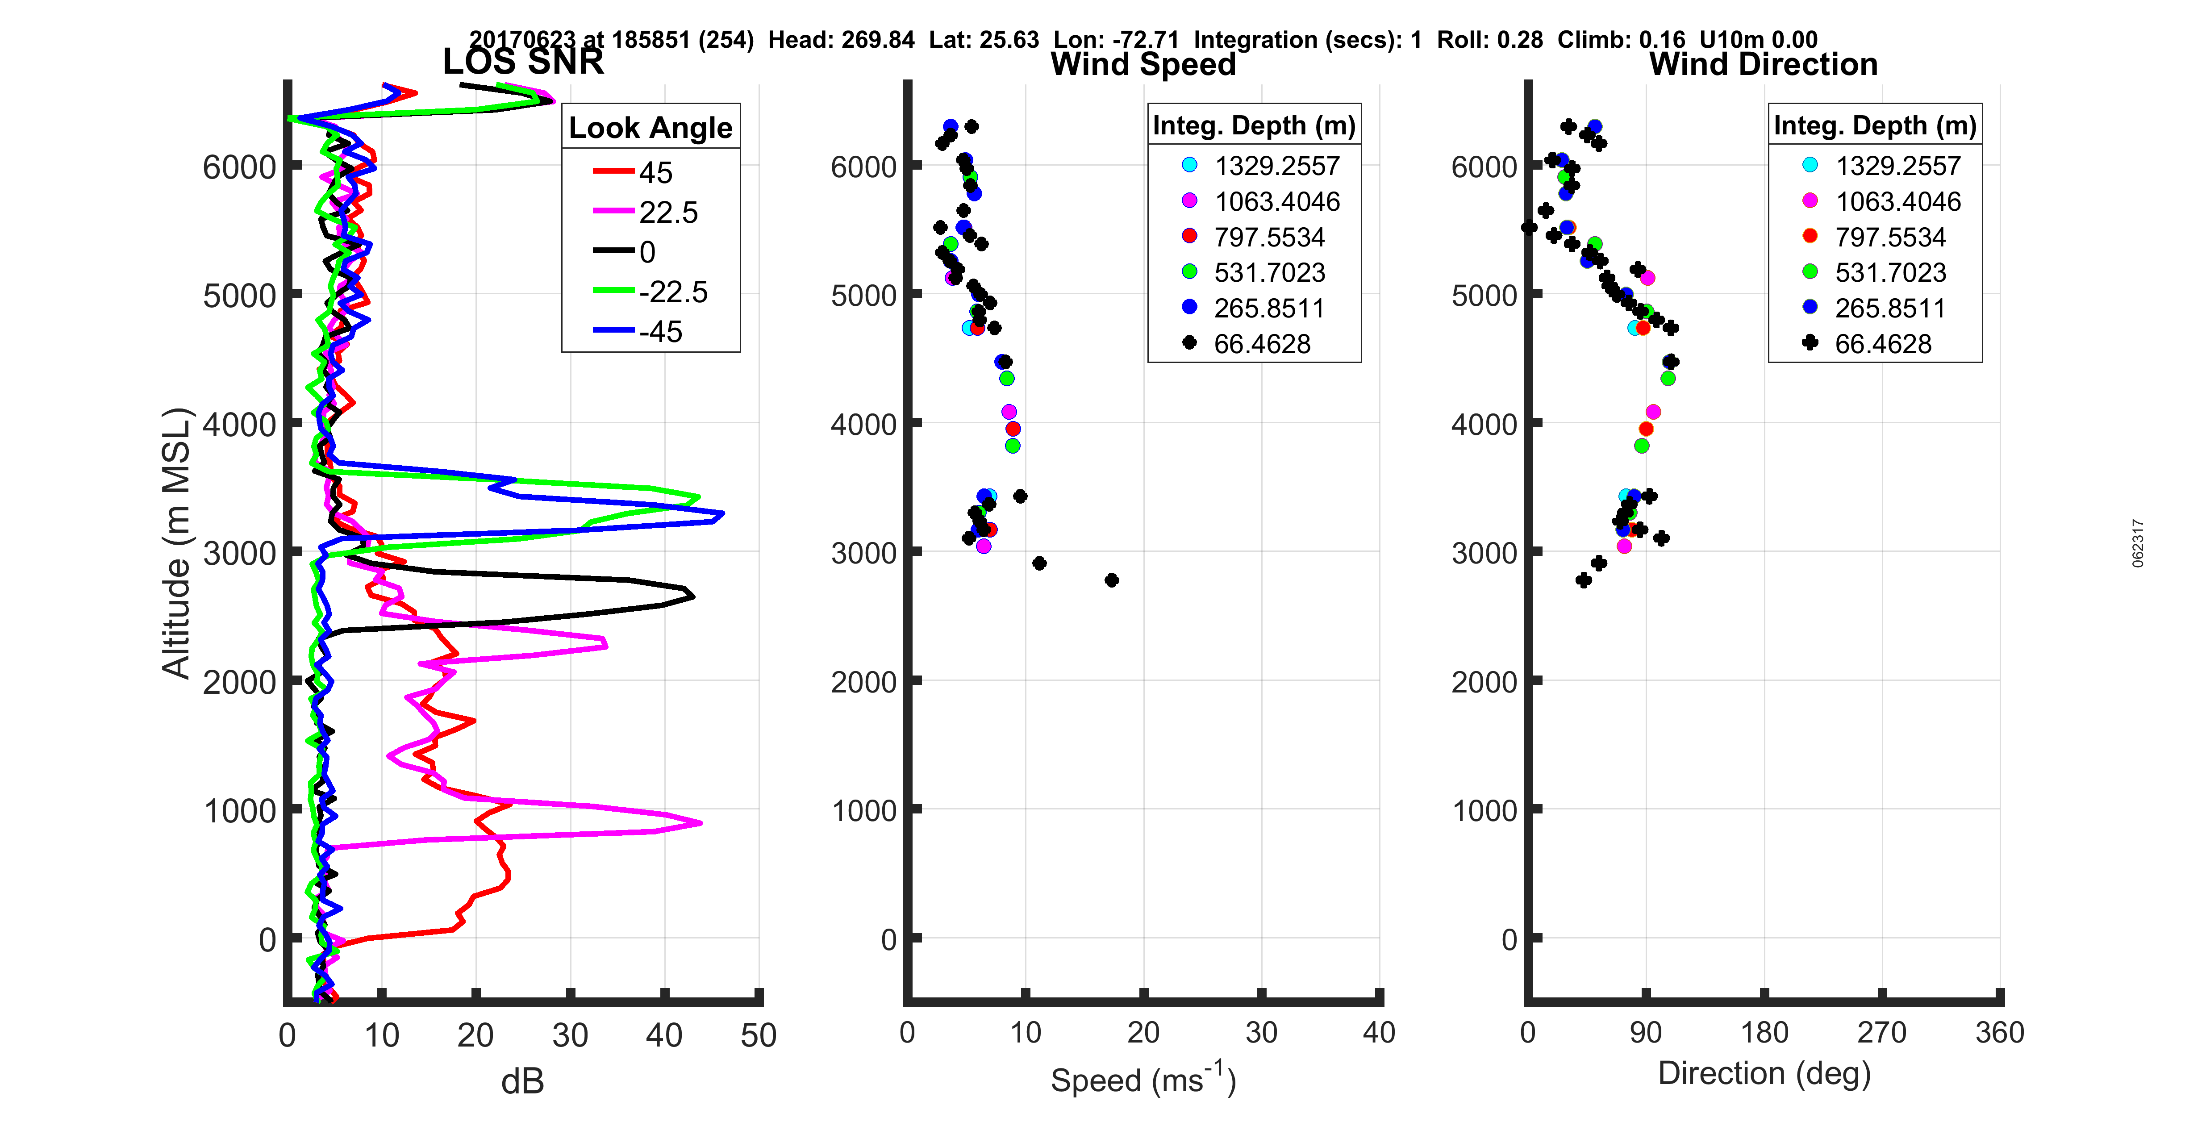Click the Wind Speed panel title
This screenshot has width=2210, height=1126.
point(1143,64)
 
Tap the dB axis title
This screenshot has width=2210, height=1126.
point(522,1081)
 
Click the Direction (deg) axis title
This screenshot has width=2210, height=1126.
point(1764,1073)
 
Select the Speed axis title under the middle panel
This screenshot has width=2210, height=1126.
point(1143,1080)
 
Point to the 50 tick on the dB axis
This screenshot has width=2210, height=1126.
point(759,1035)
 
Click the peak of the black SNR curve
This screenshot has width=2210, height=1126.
point(692,596)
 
